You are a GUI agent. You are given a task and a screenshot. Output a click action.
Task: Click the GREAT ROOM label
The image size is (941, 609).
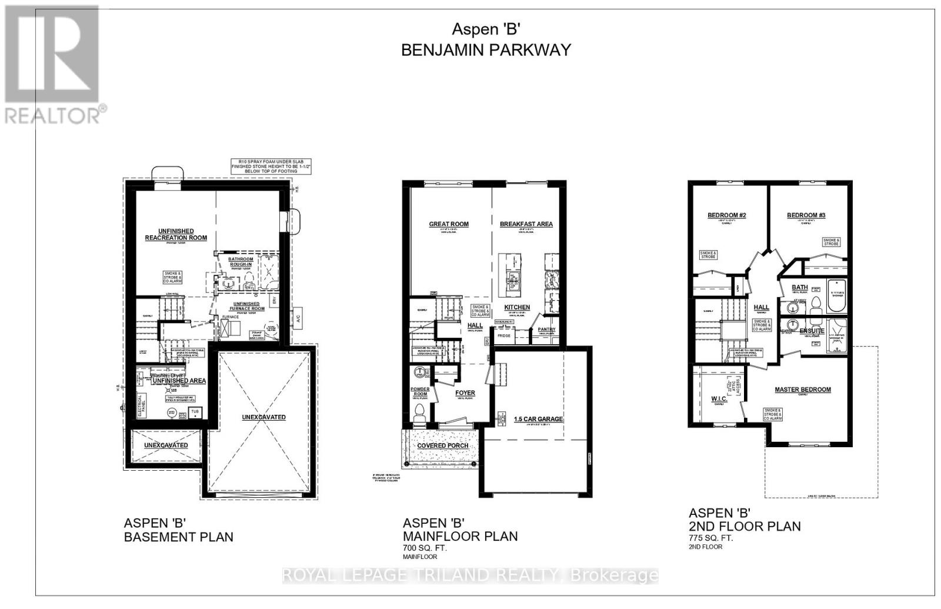(x=449, y=224)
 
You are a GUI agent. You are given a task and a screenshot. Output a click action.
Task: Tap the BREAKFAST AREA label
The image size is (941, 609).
(x=526, y=224)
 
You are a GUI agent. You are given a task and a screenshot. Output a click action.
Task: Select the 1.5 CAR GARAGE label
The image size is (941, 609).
(x=538, y=420)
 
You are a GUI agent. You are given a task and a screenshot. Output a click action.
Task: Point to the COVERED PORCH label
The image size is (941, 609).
(x=443, y=445)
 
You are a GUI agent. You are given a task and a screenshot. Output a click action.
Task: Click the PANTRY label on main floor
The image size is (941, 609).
(x=546, y=330)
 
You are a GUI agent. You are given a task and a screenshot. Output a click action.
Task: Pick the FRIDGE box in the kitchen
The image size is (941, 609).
(x=504, y=335)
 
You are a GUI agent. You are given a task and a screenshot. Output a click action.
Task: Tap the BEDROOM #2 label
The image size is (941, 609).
(x=726, y=215)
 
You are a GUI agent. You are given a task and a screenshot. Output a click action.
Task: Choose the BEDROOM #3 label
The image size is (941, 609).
(x=806, y=215)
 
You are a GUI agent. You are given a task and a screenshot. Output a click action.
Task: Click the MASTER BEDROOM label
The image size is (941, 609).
(x=802, y=390)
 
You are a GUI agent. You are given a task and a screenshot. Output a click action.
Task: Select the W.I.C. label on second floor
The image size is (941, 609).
(x=719, y=399)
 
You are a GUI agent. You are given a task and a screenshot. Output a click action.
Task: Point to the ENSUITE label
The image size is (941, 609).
(x=812, y=331)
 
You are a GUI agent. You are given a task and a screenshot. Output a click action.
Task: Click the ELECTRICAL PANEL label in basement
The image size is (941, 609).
(x=140, y=405)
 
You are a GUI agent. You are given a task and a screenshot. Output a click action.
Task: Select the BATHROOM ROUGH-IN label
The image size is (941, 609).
(x=241, y=262)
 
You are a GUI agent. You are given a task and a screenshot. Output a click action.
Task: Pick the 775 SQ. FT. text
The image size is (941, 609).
(x=711, y=538)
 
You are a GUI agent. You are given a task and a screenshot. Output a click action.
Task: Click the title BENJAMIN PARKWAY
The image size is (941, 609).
(x=486, y=50)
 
